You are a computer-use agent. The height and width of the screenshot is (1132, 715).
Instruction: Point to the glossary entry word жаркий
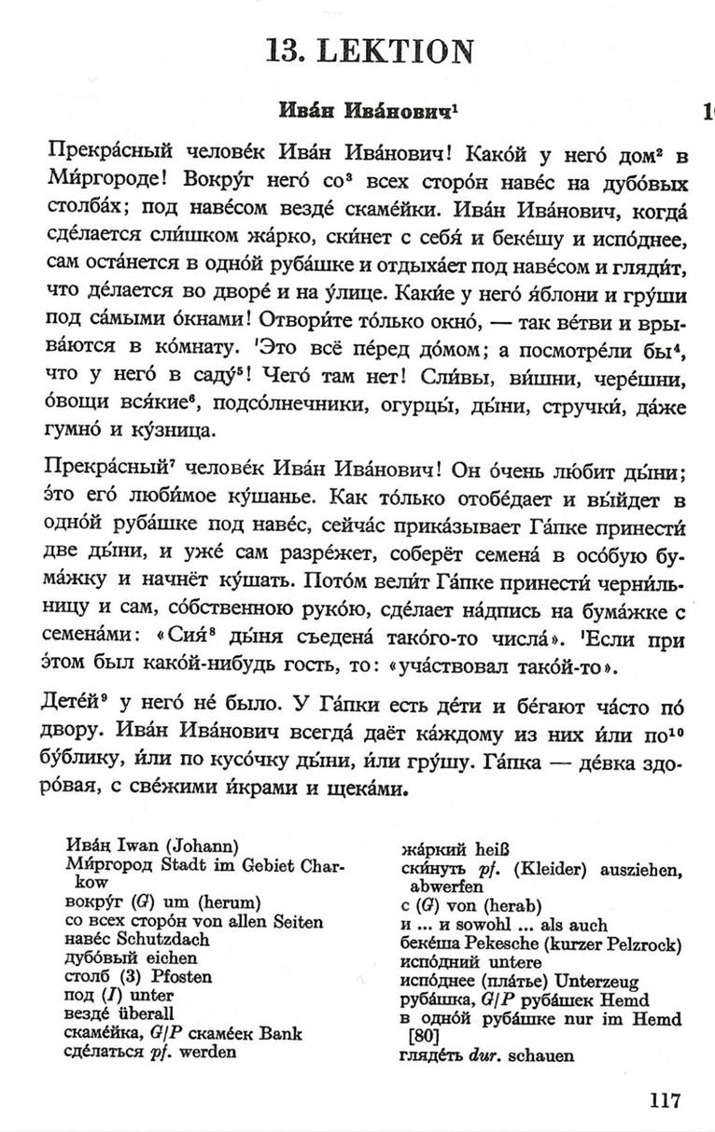click(x=428, y=849)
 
